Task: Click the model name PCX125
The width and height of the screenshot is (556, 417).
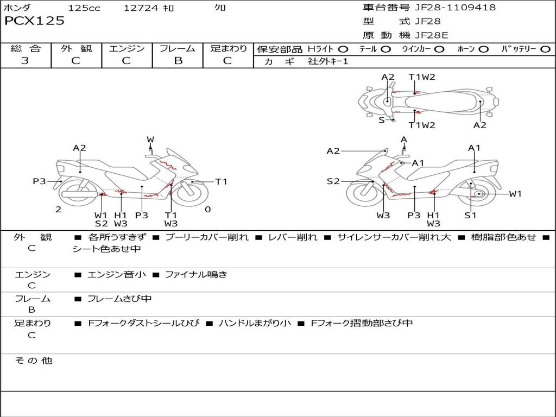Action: click(x=34, y=21)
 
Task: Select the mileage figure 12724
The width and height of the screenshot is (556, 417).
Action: click(x=141, y=8)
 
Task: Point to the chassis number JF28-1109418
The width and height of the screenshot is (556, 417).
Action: click(x=455, y=8)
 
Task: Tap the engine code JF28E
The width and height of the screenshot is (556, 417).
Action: click(x=432, y=35)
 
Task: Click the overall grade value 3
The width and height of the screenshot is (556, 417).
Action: click(x=25, y=61)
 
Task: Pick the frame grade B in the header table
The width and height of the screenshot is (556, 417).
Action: click(x=178, y=61)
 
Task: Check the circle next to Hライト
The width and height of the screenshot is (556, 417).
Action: click(x=343, y=49)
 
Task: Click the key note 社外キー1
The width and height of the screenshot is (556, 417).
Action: click(x=328, y=61)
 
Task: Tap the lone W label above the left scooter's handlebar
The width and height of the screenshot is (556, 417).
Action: click(x=150, y=140)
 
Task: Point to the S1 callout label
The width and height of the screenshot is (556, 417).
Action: click(x=470, y=215)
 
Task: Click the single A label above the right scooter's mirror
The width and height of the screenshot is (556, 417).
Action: click(x=403, y=140)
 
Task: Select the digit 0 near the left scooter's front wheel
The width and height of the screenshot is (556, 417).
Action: click(x=207, y=209)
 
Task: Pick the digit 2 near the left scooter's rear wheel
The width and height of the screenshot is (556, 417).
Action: click(x=58, y=209)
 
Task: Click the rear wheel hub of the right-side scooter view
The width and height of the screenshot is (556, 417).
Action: click(x=479, y=194)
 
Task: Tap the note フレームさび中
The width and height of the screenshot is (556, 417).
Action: click(x=119, y=299)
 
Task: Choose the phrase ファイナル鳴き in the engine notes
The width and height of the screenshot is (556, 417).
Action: click(x=195, y=275)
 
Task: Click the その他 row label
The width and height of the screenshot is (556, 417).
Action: click(x=33, y=361)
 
